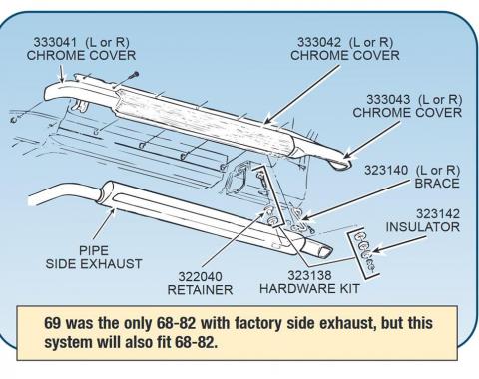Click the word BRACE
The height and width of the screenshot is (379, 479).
(x=440, y=185)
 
